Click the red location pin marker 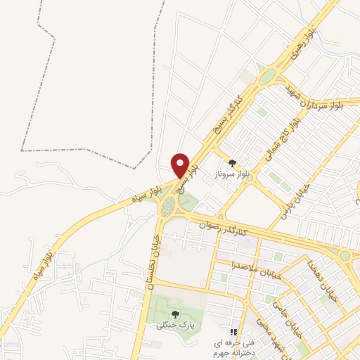[181, 165]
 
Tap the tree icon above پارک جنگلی [174, 314]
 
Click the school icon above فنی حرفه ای [233, 332]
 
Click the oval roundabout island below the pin [168, 207]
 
